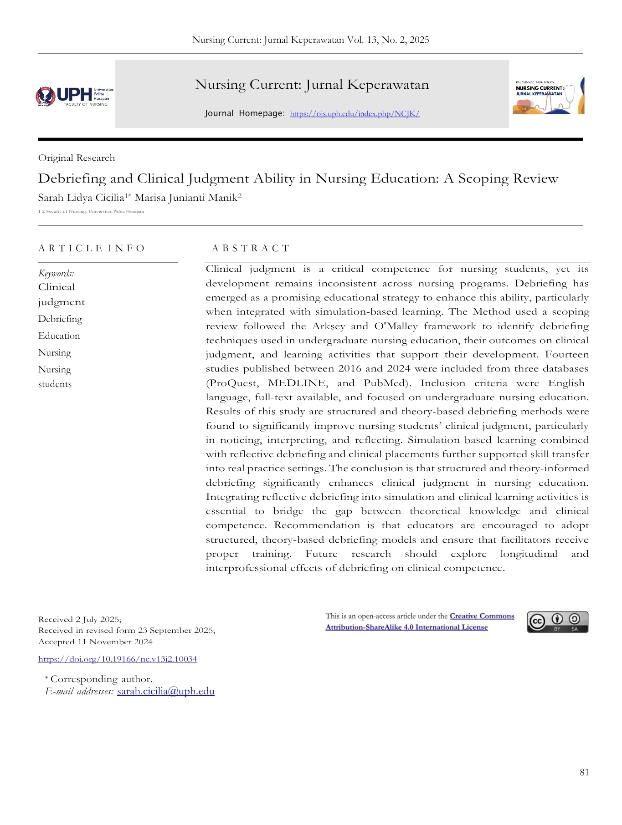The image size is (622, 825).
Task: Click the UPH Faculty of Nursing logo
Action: pyautogui.click(x=75, y=96)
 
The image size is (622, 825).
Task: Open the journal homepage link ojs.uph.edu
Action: pyautogui.click(x=355, y=114)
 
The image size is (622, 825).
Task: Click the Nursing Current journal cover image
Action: pyautogui.click(x=548, y=96)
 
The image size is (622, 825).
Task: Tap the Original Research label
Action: pyautogui.click(x=77, y=158)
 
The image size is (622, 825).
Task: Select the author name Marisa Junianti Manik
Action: pyautogui.click(x=188, y=198)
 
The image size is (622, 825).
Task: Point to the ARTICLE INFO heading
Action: pyautogui.click(x=91, y=248)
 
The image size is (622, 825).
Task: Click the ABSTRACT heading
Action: pyautogui.click(x=250, y=248)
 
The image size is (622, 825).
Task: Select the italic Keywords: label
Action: pyautogui.click(x=56, y=274)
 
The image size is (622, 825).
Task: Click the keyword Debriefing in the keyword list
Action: pyautogui.click(x=60, y=319)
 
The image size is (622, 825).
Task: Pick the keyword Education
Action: pyautogui.click(x=59, y=336)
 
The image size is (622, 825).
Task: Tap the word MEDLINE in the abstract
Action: pyautogui.click(x=297, y=383)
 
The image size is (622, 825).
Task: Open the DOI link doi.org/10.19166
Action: pyautogui.click(x=118, y=659)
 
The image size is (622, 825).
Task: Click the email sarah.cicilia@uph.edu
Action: pyautogui.click(x=166, y=692)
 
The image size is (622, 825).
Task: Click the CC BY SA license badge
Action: pyautogui.click(x=558, y=622)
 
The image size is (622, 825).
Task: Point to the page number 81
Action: pyautogui.click(x=584, y=773)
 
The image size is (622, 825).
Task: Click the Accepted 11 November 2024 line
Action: pyautogui.click(x=95, y=642)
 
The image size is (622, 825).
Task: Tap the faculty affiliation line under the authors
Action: pyautogui.click(x=91, y=211)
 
